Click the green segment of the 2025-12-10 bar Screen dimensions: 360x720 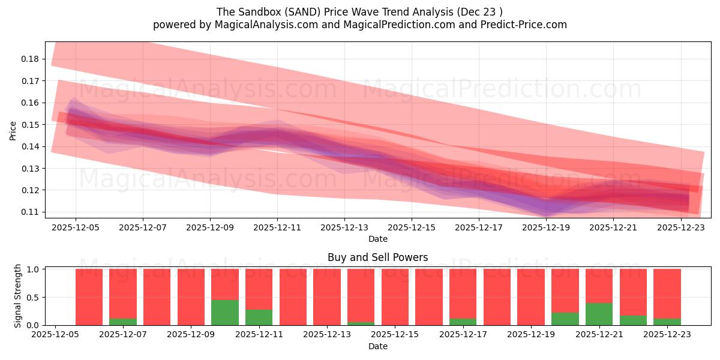225,313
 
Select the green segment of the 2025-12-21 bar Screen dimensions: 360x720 599,314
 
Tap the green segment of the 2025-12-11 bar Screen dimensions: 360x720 259,317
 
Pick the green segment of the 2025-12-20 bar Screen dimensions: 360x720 565,319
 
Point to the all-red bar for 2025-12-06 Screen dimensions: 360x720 89,297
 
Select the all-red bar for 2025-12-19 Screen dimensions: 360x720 531,297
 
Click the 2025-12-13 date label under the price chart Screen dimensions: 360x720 344,228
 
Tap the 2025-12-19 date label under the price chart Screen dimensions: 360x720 546,228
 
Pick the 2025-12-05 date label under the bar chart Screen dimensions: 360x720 55,335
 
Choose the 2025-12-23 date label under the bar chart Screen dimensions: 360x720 667,335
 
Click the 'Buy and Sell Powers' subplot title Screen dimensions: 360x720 378,257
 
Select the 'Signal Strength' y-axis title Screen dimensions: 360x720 17,296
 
